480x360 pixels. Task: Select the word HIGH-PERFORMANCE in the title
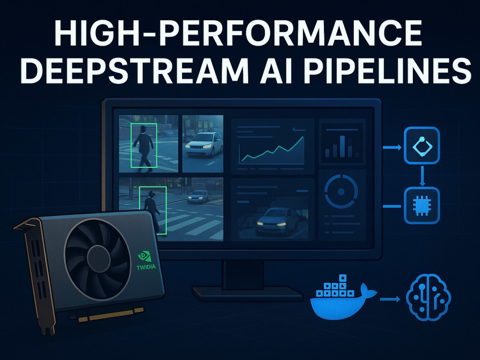(239, 33)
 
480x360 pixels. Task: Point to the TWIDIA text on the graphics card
(146, 267)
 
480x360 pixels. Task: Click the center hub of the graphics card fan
(98, 258)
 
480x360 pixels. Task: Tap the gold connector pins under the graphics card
(111, 315)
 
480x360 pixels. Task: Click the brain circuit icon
(429, 298)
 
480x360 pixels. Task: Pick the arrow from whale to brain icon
(390, 299)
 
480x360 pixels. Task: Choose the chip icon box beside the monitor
(422, 205)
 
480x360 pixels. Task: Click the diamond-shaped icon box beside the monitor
(422, 145)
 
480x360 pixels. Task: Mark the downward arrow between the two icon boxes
(422, 176)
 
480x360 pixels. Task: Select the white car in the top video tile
(203, 144)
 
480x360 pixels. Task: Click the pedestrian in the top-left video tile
(143, 146)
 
